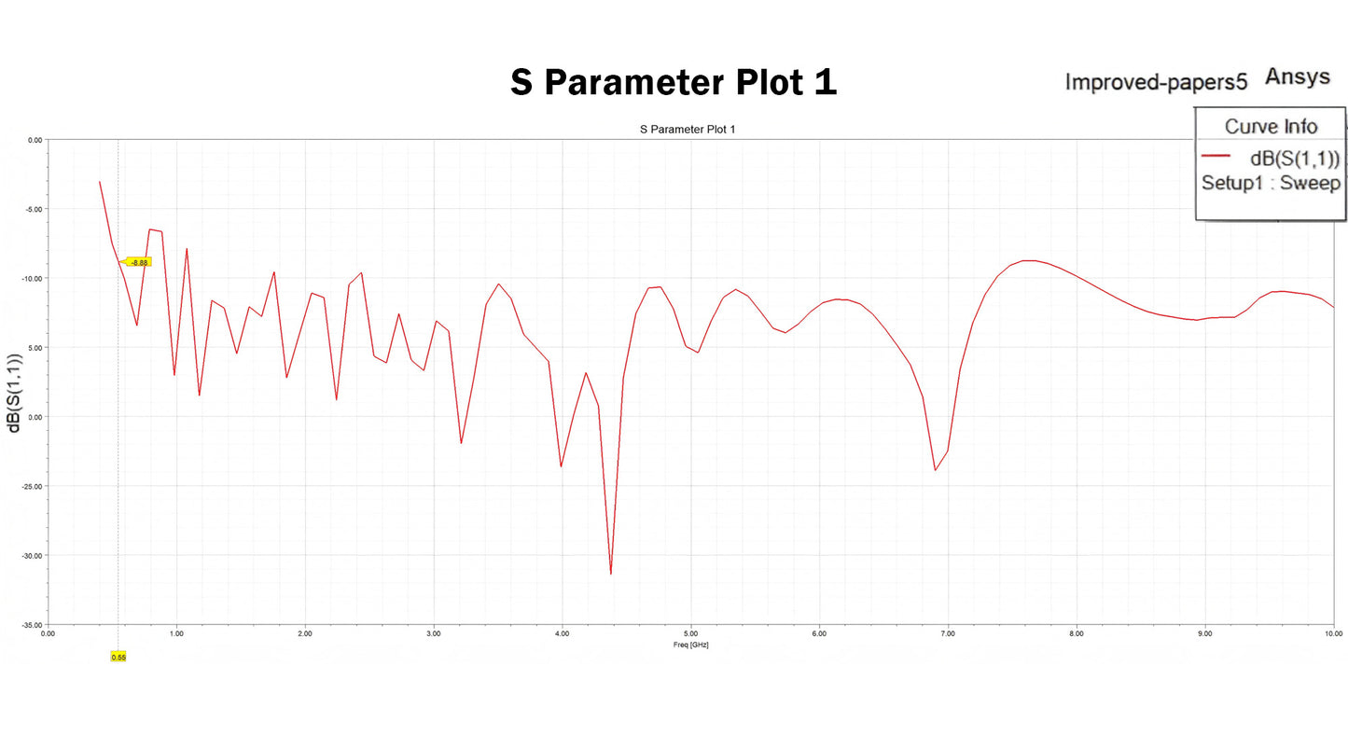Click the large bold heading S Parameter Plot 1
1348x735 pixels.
coord(673,82)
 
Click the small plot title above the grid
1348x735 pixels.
coord(688,129)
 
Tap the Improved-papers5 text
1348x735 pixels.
coord(1156,82)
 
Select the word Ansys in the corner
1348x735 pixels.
coord(1297,76)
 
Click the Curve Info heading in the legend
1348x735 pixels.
coord(1271,127)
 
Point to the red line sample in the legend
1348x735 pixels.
coord(1217,156)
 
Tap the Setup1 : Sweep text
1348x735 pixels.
coord(1271,183)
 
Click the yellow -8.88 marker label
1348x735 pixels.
coord(138,262)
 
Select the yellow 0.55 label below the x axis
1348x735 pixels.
coord(118,657)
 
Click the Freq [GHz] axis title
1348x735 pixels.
coord(690,645)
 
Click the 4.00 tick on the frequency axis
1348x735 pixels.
coord(562,634)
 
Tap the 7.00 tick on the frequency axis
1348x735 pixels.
coord(948,634)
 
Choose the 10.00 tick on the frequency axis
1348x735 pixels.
coord(1333,634)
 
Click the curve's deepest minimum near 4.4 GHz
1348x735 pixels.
coord(610,574)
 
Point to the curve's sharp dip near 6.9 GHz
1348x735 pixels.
coord(935,469)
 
